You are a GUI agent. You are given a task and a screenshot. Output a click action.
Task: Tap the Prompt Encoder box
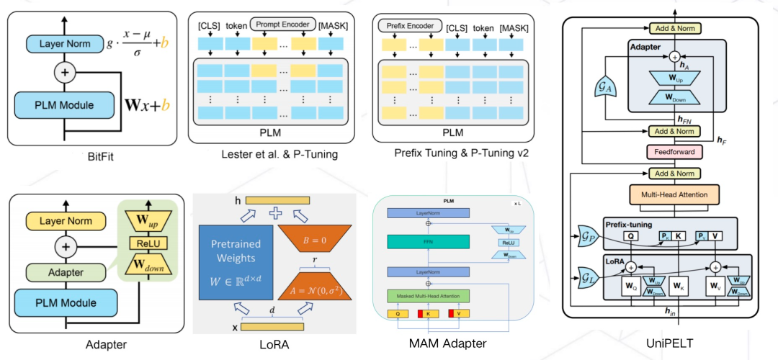[x=283, y=24]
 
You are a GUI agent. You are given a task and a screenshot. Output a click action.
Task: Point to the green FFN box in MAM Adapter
[x=429, y=244]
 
